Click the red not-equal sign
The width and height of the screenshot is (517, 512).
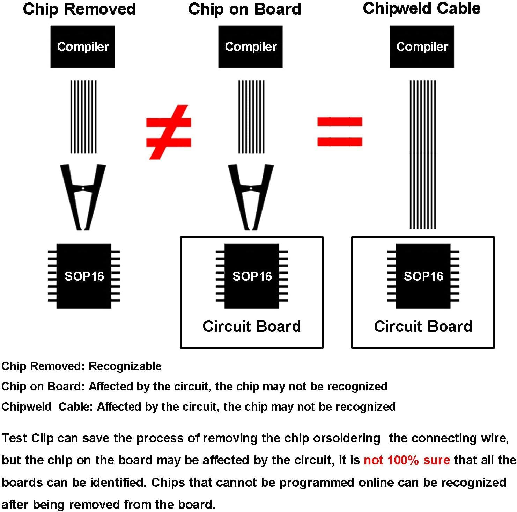(x=169, y=132)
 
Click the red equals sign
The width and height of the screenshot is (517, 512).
(x=340, y=132)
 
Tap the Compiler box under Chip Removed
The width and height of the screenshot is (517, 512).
(x=83, y=46)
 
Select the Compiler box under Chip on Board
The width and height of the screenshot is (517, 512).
(x=250, y=46)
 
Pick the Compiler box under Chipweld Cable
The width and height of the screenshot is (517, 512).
(x=422, y=46)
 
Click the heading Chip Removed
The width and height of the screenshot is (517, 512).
(x=79, y=9)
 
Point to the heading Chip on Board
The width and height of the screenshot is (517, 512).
(x=244, y=9)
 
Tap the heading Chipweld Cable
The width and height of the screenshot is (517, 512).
(x=421, y=8)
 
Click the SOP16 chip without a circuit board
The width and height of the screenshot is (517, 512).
(x=84, y=276)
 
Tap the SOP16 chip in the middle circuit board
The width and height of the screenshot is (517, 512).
(x=252, y=276)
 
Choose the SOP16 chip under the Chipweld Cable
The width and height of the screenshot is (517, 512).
(x=423, y=276)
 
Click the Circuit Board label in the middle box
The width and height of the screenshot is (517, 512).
(x=251, y=326)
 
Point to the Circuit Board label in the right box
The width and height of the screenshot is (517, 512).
(x=423, y=326)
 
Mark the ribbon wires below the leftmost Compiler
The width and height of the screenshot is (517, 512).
(x=83, y=117)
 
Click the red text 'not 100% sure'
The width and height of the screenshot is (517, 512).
(x=407, y=460)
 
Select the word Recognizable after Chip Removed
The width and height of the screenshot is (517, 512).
(x=125, y=366)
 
